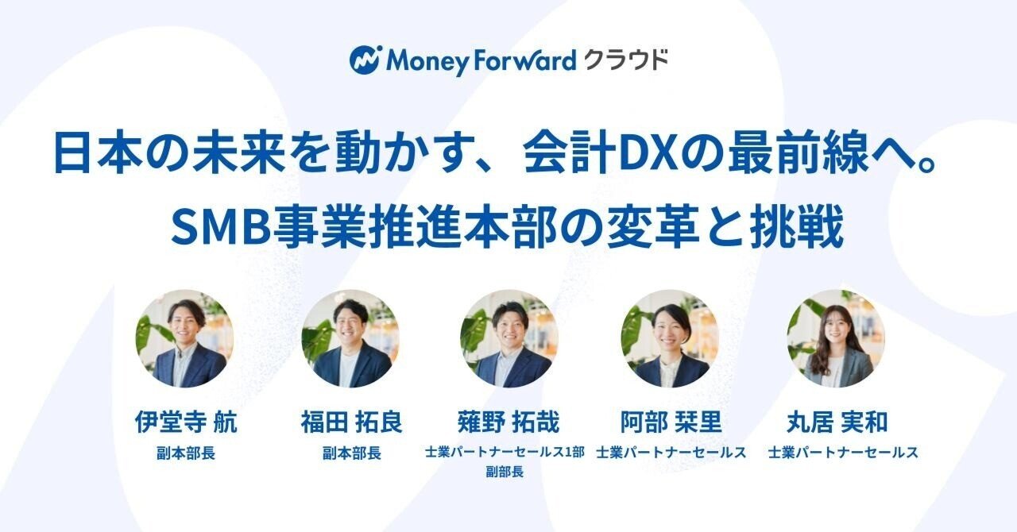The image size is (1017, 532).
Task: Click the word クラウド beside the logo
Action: click(625, 60)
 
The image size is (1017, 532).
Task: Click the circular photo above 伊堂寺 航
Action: click(184, 338)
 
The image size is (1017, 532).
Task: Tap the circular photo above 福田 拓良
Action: click(351, 338)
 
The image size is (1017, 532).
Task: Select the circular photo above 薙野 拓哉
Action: click(509, 338)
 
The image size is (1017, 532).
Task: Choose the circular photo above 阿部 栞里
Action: click(670, 338)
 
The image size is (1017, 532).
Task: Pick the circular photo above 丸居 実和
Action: click(836, 338)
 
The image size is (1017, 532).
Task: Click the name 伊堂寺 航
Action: click(185, 422)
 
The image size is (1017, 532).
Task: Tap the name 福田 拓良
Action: click(351, 422)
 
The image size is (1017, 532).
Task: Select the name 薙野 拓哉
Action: click(508, 422)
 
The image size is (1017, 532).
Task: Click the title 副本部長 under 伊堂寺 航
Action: click(186, 453)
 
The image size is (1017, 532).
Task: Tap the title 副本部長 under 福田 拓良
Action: click(351, 453)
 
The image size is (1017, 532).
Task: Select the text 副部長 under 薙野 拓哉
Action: click(505, 471)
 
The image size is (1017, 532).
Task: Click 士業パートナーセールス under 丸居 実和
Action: click(843, 453)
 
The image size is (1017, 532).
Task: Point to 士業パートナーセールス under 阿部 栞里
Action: click(671, 453)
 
